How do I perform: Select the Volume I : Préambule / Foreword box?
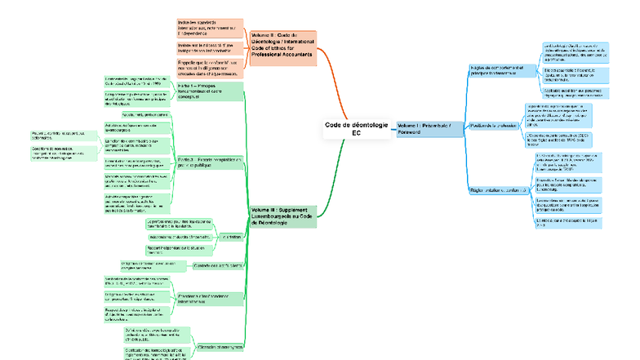coord(426,128)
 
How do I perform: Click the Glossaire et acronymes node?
coord(221,347)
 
